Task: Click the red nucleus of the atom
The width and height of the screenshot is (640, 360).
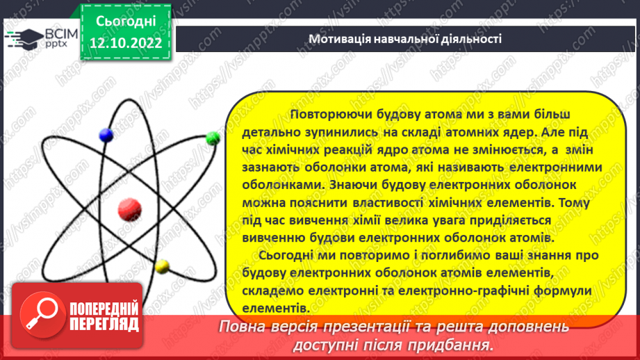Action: coord(130,208)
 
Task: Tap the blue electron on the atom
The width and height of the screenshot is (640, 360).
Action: coord(106,134)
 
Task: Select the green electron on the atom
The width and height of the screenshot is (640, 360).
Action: coord(213,138)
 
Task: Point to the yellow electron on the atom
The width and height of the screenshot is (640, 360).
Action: coord(164,265)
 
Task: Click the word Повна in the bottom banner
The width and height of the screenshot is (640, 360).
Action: coord(238,326)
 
